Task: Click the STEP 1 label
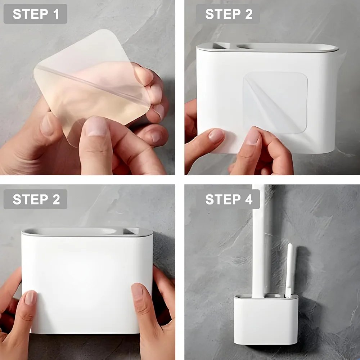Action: coord(35,14)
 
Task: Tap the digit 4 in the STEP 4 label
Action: coord(249,199)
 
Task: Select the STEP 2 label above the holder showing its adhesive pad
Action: coord(228,14)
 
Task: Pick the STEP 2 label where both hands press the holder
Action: coord(35,199)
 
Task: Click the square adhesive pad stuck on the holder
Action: coord(275,103)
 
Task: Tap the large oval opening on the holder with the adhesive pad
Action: coord(287,46)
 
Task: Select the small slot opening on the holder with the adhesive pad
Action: coord(221,46)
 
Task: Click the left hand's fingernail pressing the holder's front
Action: coord(31,298)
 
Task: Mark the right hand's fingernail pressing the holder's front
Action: coord(137,290)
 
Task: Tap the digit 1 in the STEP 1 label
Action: coord(56,14)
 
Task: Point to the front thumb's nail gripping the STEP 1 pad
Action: coord(96,126)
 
